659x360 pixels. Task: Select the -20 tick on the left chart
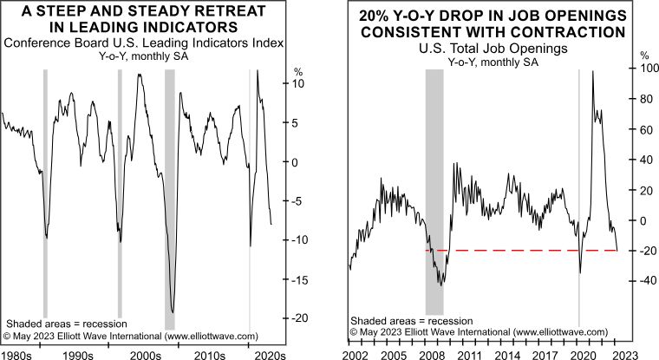(x=297, y=317)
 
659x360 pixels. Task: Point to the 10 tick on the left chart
(x=297, y=84)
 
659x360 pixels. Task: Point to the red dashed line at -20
(x=520, y=251)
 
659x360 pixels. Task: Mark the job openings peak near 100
(x=592, y=71)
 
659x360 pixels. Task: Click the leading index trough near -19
(x=173, y=311)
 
